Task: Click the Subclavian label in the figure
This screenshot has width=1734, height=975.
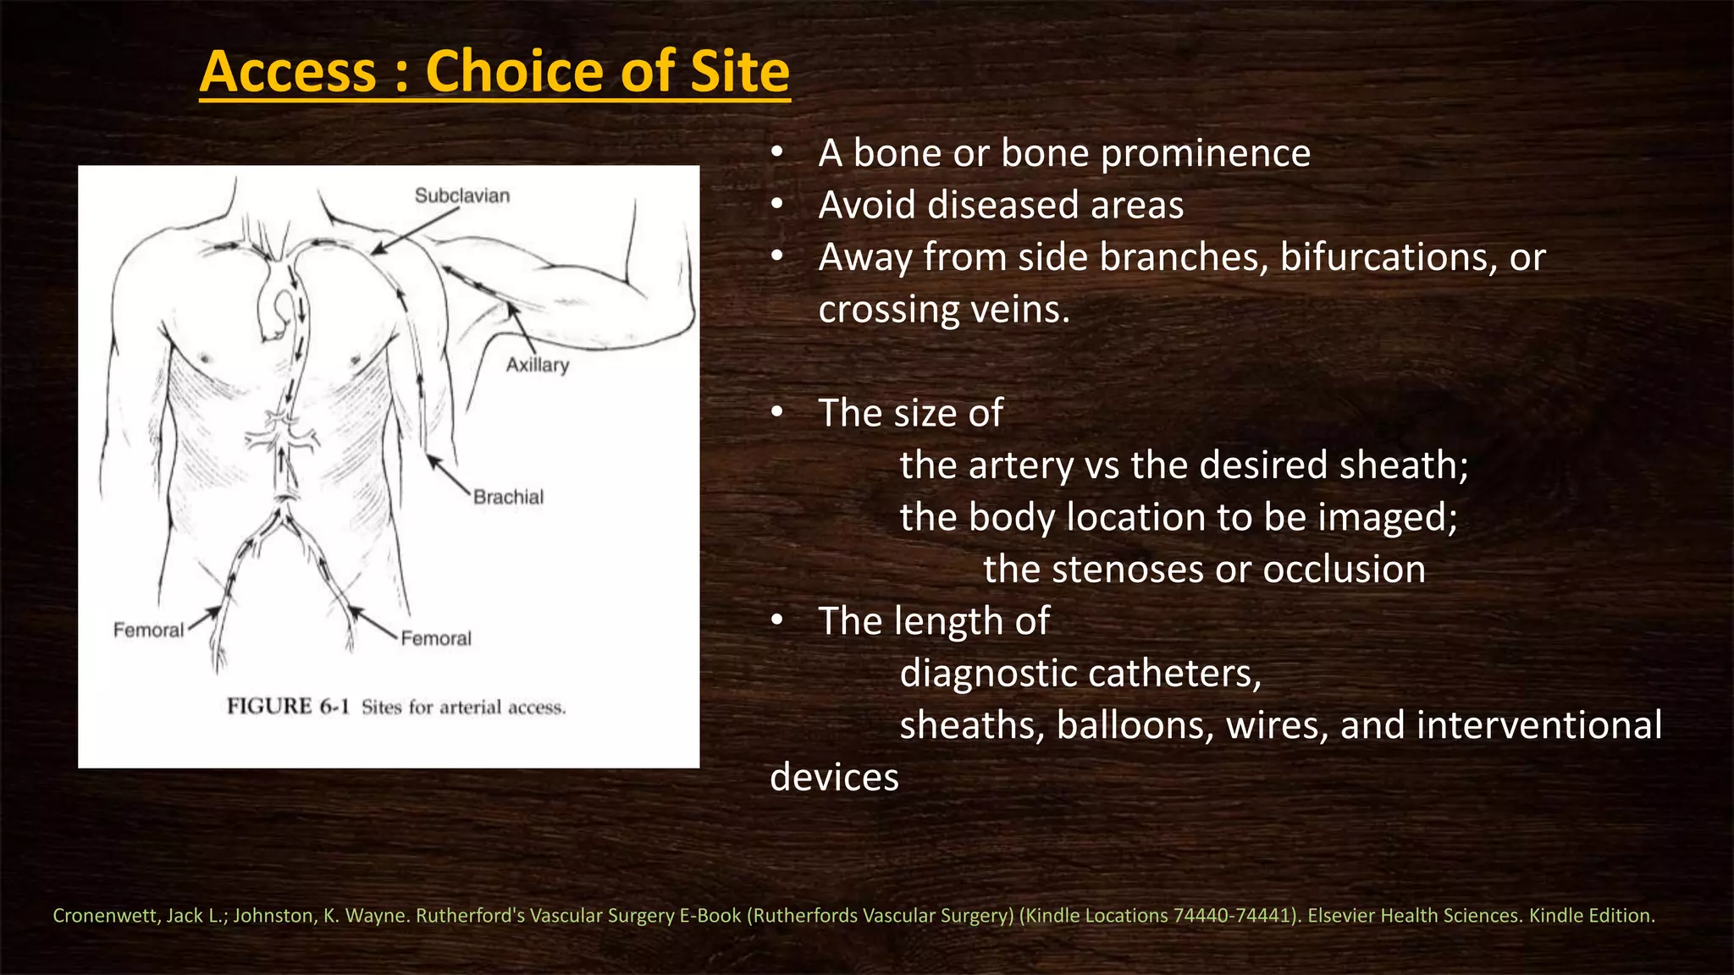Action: click(462, 196)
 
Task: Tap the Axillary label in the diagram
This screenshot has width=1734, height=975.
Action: click(538, 365)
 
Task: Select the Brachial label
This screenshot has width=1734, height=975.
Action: click(508, 497)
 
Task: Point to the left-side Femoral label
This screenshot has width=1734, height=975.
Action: click(148, 630)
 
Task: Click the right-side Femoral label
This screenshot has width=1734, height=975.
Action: click(436, 638)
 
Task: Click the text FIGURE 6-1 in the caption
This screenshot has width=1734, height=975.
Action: click(288, 707)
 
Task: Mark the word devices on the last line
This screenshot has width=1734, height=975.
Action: click(834, 778)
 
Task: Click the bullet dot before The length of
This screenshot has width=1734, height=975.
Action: click(777, 621)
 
